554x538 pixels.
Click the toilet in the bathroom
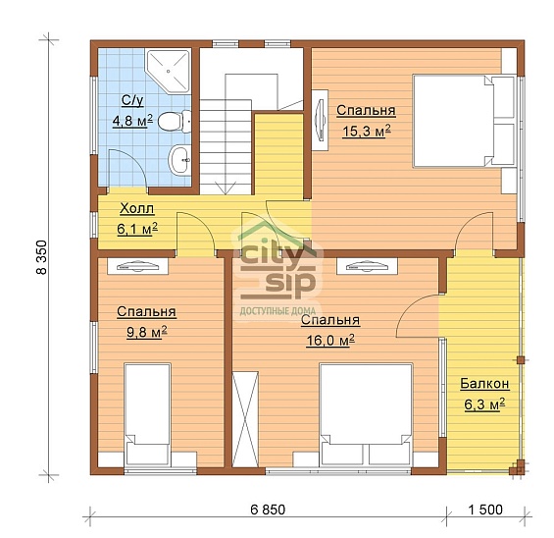coord(175,122)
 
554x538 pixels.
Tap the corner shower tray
coord(169,72)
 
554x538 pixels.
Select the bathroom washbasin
coord(179,160)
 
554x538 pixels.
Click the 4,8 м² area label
coord(132,121)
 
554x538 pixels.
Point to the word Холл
coord(136,208)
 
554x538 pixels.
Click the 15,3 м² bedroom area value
coord(367,131)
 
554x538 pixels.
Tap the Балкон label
coord(484,384)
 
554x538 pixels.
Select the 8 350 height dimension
coord(42,257)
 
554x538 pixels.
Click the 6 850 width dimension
coord(268,510)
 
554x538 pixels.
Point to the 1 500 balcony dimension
coord(485,510)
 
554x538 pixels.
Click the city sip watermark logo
coord(277,270)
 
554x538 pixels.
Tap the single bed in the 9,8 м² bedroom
coord(148,414)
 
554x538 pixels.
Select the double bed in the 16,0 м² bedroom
coord(366,414)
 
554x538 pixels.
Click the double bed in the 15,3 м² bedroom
coord(464,121)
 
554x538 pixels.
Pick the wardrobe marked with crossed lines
coord(245,419)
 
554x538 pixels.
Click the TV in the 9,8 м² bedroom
coord(137,266)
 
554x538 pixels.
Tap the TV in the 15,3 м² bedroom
coord(320,120)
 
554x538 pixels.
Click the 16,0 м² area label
coord(330,341)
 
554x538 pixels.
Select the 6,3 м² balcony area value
coord(484,404)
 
